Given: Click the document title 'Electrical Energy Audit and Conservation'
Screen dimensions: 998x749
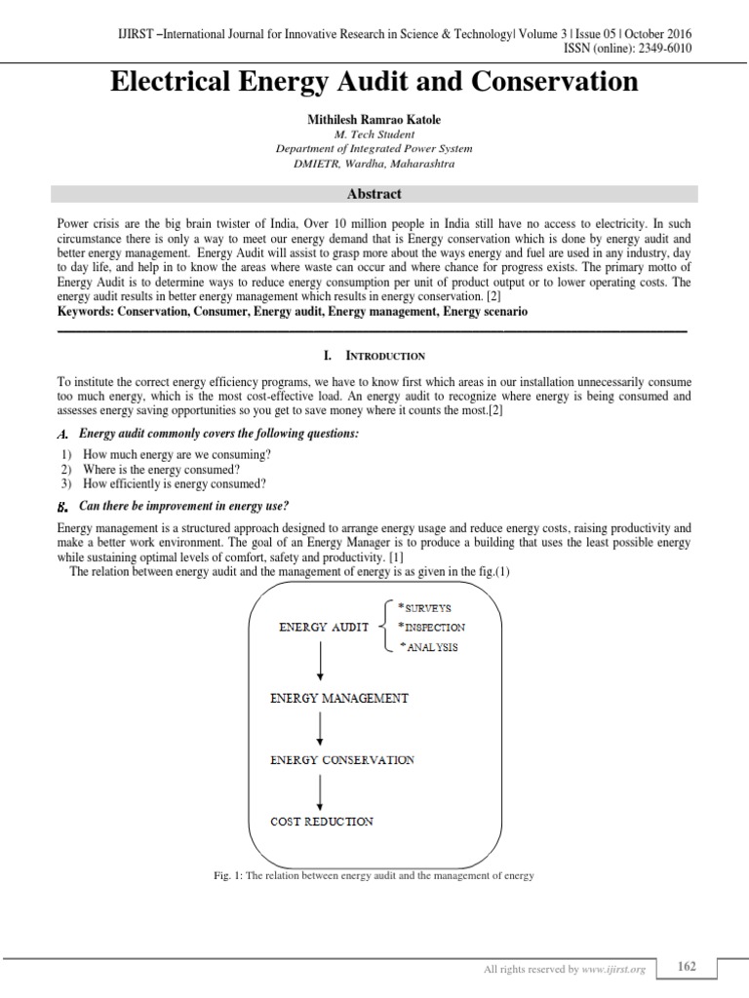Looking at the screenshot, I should (374, 82).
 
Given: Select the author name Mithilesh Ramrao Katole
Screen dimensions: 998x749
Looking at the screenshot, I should (374, 120).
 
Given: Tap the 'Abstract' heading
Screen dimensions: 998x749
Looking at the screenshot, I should (374, 194).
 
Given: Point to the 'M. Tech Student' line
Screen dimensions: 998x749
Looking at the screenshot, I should (374, 134).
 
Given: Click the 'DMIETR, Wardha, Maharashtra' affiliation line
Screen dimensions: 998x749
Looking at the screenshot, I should (374, 164).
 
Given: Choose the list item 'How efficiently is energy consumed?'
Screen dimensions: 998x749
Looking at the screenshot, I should (174, 483).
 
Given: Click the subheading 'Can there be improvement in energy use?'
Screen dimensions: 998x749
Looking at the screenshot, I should (184, 506).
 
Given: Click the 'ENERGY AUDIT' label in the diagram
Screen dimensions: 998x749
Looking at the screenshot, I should (324, 628).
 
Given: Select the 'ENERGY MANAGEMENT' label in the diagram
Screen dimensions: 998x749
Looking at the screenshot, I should (338, 698).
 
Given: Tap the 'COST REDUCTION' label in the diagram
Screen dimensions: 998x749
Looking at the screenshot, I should (321, 821).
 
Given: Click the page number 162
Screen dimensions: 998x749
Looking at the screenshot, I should (687, 966).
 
